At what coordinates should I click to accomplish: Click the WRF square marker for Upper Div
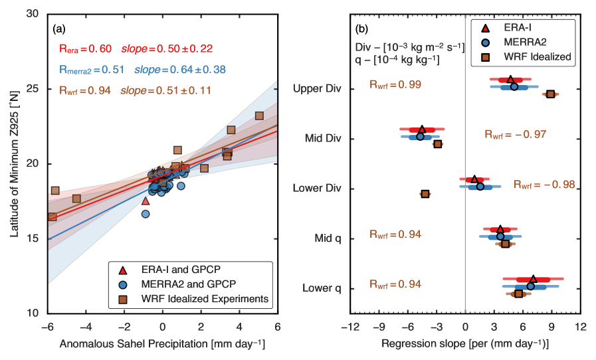click(551, 94)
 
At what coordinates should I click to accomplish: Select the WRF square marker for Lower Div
click(425, 194)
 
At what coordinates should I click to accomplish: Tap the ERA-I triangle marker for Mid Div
click(422, 130)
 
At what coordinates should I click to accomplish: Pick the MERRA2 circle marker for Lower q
click(530, 286)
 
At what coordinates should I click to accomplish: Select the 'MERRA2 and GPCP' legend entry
click(188, 284)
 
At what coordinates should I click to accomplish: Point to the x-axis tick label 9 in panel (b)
click(551, 327)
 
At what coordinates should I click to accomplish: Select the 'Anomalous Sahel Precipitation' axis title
click(163, 344)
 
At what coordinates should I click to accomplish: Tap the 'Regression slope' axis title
click(464, 344)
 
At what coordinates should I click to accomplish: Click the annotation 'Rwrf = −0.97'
click(515, 134)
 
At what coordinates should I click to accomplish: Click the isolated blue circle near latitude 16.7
click(146, 214)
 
